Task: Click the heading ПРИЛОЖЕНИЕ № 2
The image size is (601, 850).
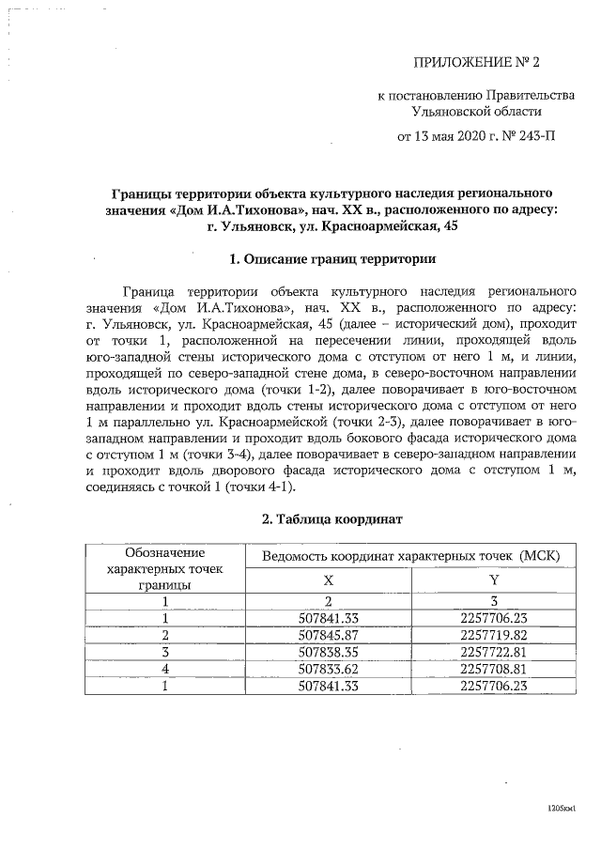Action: (478, 63)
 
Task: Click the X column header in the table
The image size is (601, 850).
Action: (328, 581)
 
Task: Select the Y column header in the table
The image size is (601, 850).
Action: (494, 581)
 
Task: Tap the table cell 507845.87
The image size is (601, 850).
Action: (328, 634)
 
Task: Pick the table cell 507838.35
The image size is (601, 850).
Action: (328, 651)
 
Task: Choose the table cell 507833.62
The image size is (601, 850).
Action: (328, 668)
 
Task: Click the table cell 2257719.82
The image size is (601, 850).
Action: (494, 634)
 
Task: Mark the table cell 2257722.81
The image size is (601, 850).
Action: (494, 651)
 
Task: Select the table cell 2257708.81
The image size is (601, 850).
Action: (494, 668)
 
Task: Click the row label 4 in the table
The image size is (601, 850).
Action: (165, 668)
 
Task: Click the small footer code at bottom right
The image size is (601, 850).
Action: (562, 807)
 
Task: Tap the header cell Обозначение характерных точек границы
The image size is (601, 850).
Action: (165, 568)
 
